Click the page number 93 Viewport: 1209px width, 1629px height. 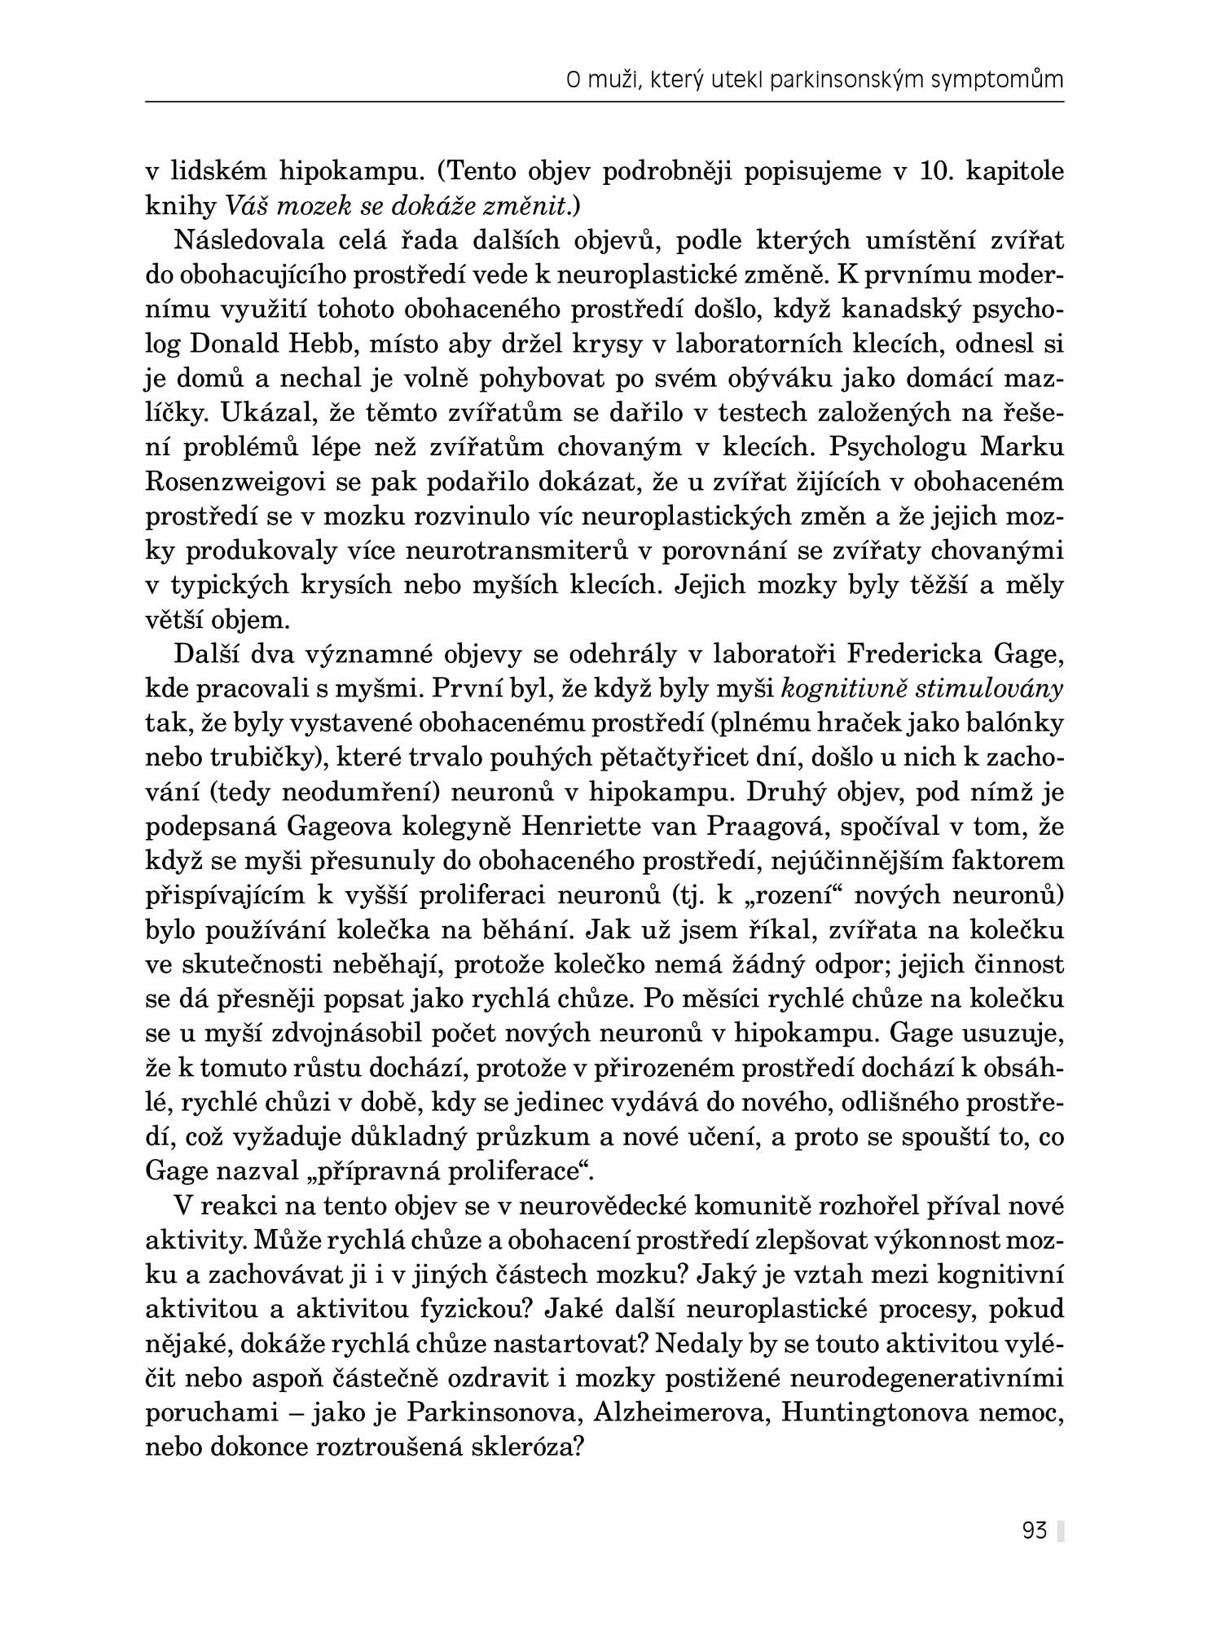1034,1531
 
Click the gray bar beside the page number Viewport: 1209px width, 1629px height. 1061,1531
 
